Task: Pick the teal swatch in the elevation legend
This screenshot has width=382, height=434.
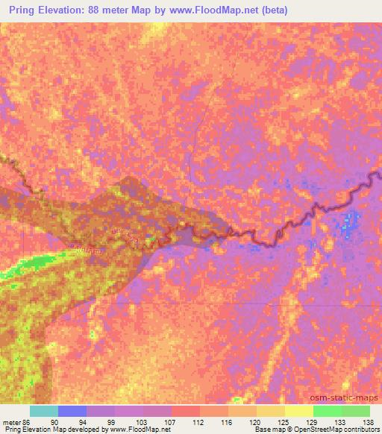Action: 44,411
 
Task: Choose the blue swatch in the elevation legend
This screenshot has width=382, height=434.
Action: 72,411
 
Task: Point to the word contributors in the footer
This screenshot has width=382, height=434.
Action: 357,429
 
